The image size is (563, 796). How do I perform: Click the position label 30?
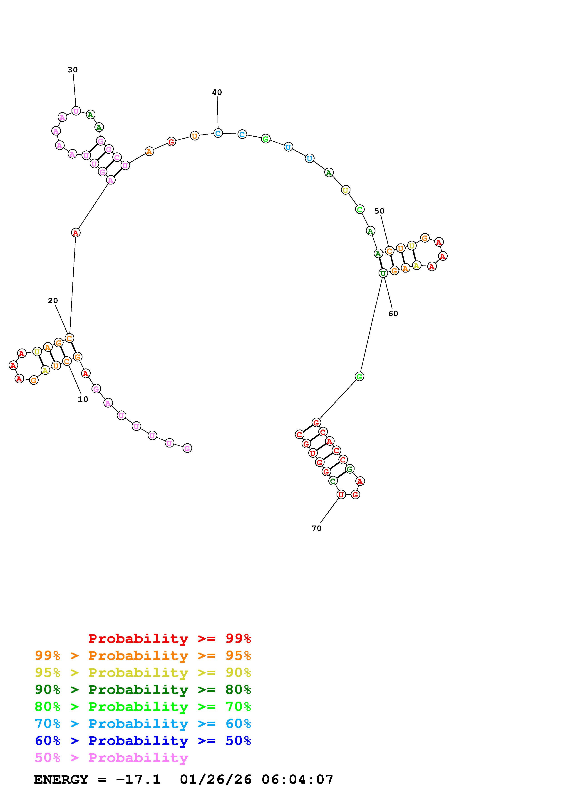[72, 70]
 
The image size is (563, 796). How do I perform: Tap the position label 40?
[217, 92]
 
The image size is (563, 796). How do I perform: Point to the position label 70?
[316, 528]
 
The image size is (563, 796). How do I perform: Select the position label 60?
[393, 313]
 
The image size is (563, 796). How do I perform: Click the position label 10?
[83, 399]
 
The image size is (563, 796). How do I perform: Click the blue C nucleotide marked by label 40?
[218, 133]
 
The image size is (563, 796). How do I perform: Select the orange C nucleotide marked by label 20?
[69, 338]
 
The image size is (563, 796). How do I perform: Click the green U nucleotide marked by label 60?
[383, 273]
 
